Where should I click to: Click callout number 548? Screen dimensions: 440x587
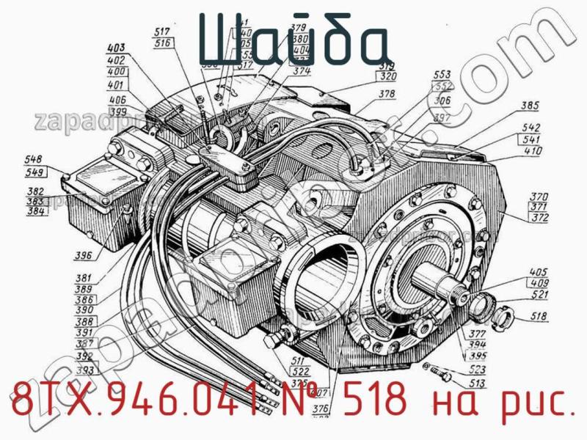point(33,160)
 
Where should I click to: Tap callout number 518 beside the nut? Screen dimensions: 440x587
point(539,318)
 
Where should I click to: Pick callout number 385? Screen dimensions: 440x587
point(530,106)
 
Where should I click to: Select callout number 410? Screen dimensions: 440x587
point(533,151)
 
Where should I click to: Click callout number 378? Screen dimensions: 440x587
point(387,94)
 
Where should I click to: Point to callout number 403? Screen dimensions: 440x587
point(116,48)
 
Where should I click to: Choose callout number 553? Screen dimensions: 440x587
point(442,75)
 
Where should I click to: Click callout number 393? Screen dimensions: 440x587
point(84,370)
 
